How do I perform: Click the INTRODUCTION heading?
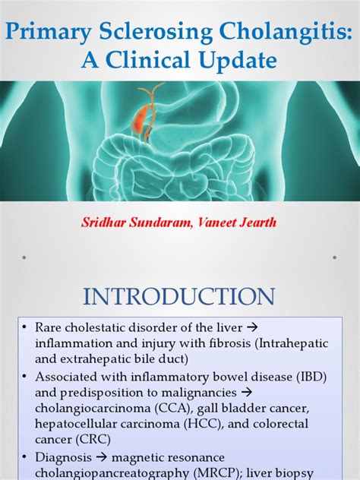179,296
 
